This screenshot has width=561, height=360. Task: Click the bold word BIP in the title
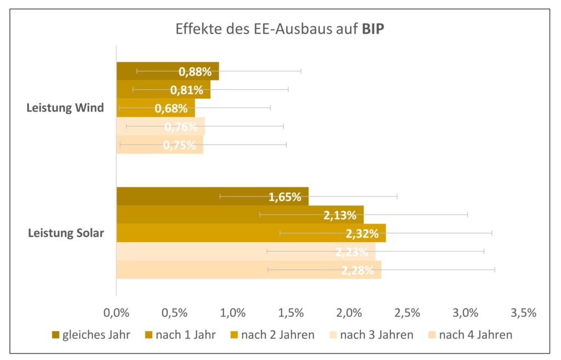373,29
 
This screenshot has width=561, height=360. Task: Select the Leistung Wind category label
65,107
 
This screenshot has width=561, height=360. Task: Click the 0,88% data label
195,71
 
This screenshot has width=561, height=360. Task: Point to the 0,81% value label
187,90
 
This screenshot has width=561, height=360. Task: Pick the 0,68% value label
171,108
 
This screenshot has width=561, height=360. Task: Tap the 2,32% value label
362,234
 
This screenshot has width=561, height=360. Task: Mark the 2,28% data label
358,270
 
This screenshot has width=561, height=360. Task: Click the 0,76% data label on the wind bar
181,127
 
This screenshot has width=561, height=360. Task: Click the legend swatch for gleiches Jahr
55,335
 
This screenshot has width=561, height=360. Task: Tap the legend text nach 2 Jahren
278,335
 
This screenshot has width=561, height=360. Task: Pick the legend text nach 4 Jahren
476,335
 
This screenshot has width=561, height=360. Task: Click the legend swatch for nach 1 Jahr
148,335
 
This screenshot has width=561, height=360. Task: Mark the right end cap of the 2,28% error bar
495,270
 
